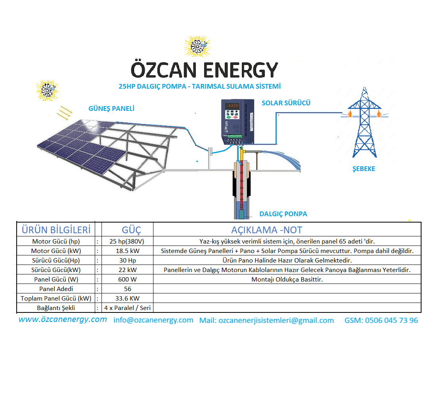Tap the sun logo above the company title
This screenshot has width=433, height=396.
(x=197, y=46)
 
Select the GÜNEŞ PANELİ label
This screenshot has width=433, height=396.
(x=111, y=109)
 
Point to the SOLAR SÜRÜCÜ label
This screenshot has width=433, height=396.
(x=286, y=103)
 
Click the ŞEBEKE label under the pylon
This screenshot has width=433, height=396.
(x=364, y=169)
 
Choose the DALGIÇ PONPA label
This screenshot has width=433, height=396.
(x=283, y=214)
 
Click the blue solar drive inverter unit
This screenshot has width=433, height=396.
(x=238, y=122)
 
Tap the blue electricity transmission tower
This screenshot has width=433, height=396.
(x=364, y=122)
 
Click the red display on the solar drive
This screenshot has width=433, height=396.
(x=232, y=106)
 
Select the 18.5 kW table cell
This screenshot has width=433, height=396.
(x=128, y=251)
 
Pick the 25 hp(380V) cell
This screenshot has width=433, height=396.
(x=127, y=241)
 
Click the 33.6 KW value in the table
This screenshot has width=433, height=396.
(x=127, y=298)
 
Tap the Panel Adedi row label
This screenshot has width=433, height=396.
(x=56, y=289)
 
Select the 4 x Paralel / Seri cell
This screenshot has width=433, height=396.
(x=127, y=308)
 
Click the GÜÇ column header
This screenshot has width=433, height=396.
(x=132, y=230)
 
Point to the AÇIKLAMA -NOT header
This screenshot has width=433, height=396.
(x=266, y=230)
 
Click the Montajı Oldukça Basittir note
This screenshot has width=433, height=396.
(x=287, y=279)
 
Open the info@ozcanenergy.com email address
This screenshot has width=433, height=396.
(x=153, y=320)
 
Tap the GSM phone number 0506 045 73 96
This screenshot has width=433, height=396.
(x=381, y=320)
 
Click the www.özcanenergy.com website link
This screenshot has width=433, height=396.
(x=63, y=319)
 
